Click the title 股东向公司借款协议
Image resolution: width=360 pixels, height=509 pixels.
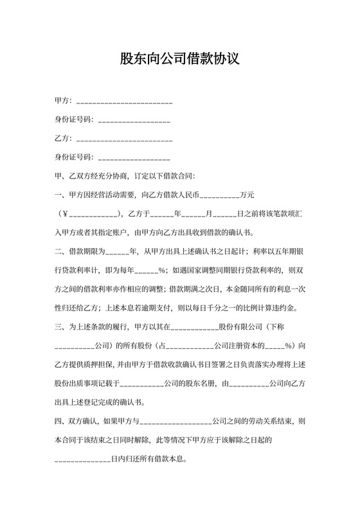pyautogui.click(x=180, y=59)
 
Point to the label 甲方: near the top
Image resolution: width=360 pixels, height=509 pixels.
pyautogui.click(x=63, y=102)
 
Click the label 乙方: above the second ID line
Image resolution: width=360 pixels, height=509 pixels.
pyautogui.click(x=63, y=139)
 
